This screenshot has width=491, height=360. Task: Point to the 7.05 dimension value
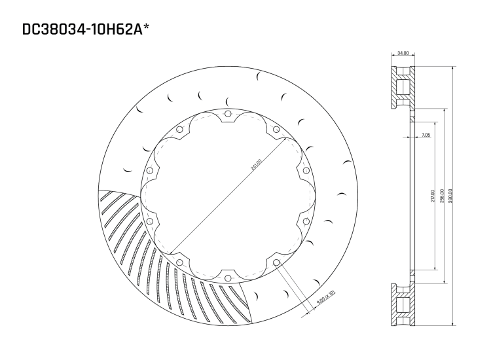[x=426, y=135]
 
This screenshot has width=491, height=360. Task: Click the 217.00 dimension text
[x=432, y=196]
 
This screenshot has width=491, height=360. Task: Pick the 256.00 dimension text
[x=442, y=196]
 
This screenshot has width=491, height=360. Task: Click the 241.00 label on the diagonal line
[x=256, y=164]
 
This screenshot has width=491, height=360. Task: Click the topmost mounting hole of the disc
[x=228, y=116]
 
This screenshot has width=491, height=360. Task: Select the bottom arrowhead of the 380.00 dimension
[x=452, y=325]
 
